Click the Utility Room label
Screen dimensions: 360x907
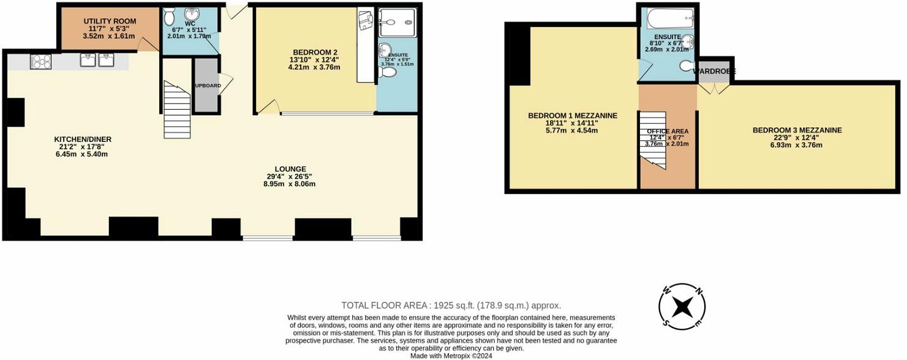(x=110, y=21)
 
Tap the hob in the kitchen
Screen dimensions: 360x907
(x=40, y=61)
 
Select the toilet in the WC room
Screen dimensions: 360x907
(x=170, y=16)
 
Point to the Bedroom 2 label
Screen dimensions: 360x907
(x=315, y=51)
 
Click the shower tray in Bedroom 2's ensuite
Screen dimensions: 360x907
(x=397, y=23)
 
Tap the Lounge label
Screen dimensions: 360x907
(x=290, y=169)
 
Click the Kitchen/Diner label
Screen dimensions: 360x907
(x=82, y=139)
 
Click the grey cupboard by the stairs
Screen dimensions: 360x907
(x=206, y=86)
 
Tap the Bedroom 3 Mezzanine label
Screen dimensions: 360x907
(x=797, y=130)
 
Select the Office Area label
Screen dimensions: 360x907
(x=668, y=131)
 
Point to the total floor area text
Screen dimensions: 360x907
(x=451, y=305)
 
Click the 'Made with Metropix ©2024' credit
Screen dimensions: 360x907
(x=451, y=355)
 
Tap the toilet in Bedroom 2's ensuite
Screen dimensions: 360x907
(x=388, y=72)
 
